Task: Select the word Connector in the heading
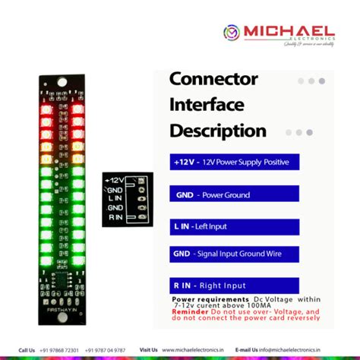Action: [x=213, y=79]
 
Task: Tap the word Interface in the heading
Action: [x=206, y=104]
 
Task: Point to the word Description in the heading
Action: [x=218, y=131]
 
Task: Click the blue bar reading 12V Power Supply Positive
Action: [x=234, y=162]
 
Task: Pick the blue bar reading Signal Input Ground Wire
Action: [x=233, y=254]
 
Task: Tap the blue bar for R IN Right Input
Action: [x=234, y=286]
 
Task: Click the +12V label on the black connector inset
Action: [x=114, y=180]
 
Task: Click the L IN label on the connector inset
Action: [x=115, y=198]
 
